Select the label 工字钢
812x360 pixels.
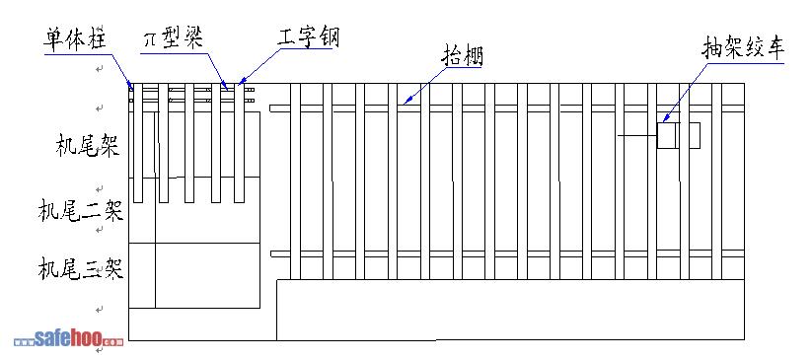tap(308, 37)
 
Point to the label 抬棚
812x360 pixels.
tap(462, 55)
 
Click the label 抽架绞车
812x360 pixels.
tap(743, 48)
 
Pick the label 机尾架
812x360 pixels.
tap(88, 146)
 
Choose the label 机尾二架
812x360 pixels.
tap(81, 211)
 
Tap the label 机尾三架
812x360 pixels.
tap(81, 269)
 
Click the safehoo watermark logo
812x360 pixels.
tap(69, 339)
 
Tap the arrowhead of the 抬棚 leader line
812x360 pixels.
tap(407, 102)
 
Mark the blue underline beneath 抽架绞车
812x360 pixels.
tap(746, 63)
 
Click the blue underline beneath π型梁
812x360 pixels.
tap(174, 50)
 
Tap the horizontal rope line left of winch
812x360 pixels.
tap(637, 136)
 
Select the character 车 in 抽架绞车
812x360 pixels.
tap(775, 48)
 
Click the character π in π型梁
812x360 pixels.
tap(150, 40)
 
